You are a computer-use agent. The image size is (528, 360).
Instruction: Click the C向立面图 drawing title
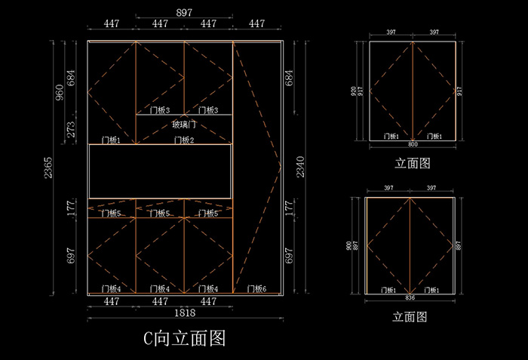pos(185,337)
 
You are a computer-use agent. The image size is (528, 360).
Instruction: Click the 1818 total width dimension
pos(184,312)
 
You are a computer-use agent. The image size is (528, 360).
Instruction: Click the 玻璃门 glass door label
pos(184,125)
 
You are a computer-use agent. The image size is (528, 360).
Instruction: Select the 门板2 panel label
pos(184,140)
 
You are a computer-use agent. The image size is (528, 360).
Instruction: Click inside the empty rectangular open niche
pos(160,171)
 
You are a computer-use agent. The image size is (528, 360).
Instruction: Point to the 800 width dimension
pos(413,143)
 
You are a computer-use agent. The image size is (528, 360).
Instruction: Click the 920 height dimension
pos(352,91)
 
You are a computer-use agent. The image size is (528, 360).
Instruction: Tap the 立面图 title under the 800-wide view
pos(413,162)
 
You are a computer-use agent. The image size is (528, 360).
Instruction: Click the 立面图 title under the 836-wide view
pos(410,317)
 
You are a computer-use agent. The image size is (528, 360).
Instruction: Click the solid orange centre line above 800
pos(413,91)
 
